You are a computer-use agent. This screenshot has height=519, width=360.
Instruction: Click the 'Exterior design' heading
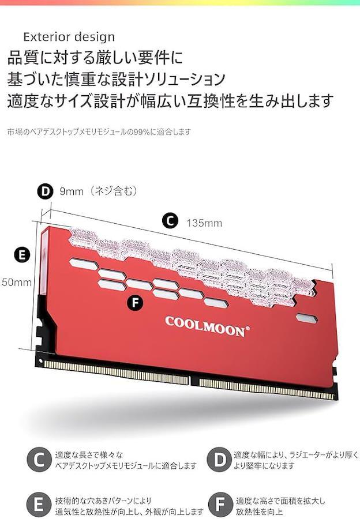[69, 37]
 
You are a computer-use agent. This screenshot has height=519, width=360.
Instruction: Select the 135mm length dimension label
[204, 223]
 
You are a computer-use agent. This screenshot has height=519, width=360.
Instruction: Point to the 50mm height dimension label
[16, 283]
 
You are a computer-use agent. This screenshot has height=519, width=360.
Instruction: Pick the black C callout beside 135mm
[170, 221]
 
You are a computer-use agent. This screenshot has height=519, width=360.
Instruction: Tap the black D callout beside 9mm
[45, 191]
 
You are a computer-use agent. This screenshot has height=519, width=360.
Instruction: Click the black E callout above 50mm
[22, 254]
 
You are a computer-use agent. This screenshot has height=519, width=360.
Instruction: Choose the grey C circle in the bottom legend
[39, 460]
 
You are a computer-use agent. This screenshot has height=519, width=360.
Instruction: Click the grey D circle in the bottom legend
[219, 460]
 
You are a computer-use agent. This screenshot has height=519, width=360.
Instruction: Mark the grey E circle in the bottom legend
[39, 505]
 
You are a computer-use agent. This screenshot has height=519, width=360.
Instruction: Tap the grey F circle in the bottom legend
[219, 505]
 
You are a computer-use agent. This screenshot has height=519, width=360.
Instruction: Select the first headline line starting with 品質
[95, 58]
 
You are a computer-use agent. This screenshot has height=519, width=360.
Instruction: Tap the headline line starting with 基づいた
[116, 79]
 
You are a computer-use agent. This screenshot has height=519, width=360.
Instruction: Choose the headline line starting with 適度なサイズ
[170, 101]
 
